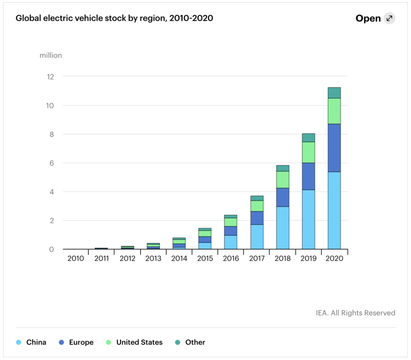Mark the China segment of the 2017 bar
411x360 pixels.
point(256,237)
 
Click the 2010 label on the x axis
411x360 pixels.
point(76,258)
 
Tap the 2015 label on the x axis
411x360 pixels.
point(205,258)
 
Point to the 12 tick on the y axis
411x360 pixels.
point(50,77)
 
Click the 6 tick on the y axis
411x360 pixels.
point(51,163)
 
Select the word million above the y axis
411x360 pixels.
point(50,55)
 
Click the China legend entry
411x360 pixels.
point(32,342)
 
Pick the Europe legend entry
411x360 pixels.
point(76,342)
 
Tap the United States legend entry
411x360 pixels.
point(134,342)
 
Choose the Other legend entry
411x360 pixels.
point(190,342)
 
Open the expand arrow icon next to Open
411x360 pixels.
point(389,18)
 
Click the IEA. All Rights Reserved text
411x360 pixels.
point(355,313)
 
